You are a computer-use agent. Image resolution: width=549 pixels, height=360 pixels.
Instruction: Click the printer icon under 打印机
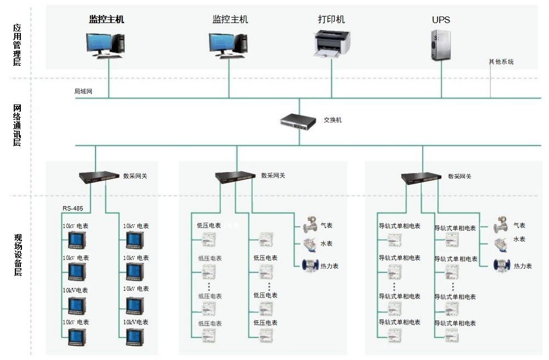click(x=332, y=43)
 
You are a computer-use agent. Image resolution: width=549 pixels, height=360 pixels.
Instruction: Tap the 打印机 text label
click(x=331, y=19)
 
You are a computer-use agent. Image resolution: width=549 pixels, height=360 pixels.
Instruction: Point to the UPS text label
click(x=441, y=20)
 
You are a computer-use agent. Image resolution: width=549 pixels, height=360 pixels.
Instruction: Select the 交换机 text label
click(x=332, y=120)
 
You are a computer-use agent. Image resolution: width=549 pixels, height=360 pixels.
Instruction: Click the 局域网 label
click(x=84, y=91)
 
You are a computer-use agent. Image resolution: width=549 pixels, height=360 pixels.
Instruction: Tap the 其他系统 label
click(x=501, y=62)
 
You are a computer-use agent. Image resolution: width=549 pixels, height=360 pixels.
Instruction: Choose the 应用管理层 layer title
click(x=17, y=45)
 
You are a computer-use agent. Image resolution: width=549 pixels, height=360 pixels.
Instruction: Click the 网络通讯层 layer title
click(x=17, y=126)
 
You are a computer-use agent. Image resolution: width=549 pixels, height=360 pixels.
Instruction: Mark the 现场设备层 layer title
click(x=17, y=255)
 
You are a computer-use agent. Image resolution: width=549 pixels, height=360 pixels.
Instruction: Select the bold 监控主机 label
click(x=107, y=19)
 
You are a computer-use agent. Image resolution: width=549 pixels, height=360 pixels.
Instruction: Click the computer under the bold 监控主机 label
click(x=106, y=45)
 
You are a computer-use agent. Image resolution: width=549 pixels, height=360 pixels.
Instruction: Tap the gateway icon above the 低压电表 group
click(x=235, y=177)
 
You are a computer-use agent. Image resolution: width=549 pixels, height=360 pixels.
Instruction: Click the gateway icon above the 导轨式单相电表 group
click(x=421, y=178)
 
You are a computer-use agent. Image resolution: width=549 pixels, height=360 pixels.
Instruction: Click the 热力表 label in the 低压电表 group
click(x=329, y=266)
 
